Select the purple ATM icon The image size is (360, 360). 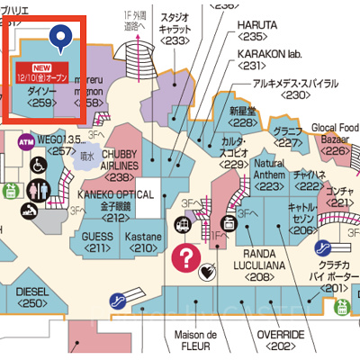tap(25, 140)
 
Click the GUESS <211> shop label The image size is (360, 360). tap(97, 240)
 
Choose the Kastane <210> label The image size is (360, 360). tap(141, 240)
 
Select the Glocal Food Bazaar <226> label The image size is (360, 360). tap(335, 138)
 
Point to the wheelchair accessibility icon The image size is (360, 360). tap(39, 166)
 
